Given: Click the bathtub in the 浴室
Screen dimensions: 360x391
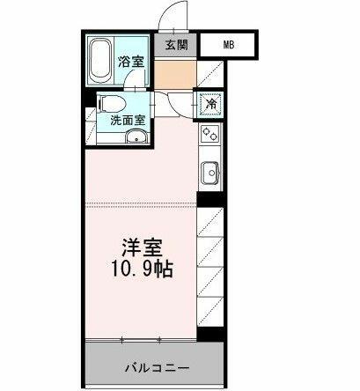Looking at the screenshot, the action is tap(100, 60).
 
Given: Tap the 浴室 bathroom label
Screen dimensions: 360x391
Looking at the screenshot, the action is tap(131, 62).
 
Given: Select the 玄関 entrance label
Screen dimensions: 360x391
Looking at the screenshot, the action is tap(176, 45).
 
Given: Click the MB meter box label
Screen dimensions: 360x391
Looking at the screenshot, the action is tap(229, 45).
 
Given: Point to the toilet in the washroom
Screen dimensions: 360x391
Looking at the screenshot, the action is tap(113, 104).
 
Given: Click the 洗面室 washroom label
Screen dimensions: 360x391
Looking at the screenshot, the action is tap(128, 121).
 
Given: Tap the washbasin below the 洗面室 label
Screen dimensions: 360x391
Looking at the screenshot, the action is tap(137, 136).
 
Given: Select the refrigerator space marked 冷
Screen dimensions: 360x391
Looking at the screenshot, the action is tap(211, 104).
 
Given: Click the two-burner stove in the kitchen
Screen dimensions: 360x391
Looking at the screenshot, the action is tap(210, 134).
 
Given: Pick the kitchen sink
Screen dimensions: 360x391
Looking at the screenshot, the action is tap(210, 173).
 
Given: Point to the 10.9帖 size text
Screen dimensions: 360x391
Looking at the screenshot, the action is tap(142, 269).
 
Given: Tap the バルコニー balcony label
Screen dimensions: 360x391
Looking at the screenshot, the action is tap(157, 367).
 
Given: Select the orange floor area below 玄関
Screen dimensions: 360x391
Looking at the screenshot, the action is tap(175, 74).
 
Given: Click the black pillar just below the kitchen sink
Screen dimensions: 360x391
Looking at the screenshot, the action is tap(210, 199).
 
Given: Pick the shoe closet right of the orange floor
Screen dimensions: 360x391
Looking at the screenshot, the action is tap(210, 74).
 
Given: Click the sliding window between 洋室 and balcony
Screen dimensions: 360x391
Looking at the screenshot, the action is tap(141, 340).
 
